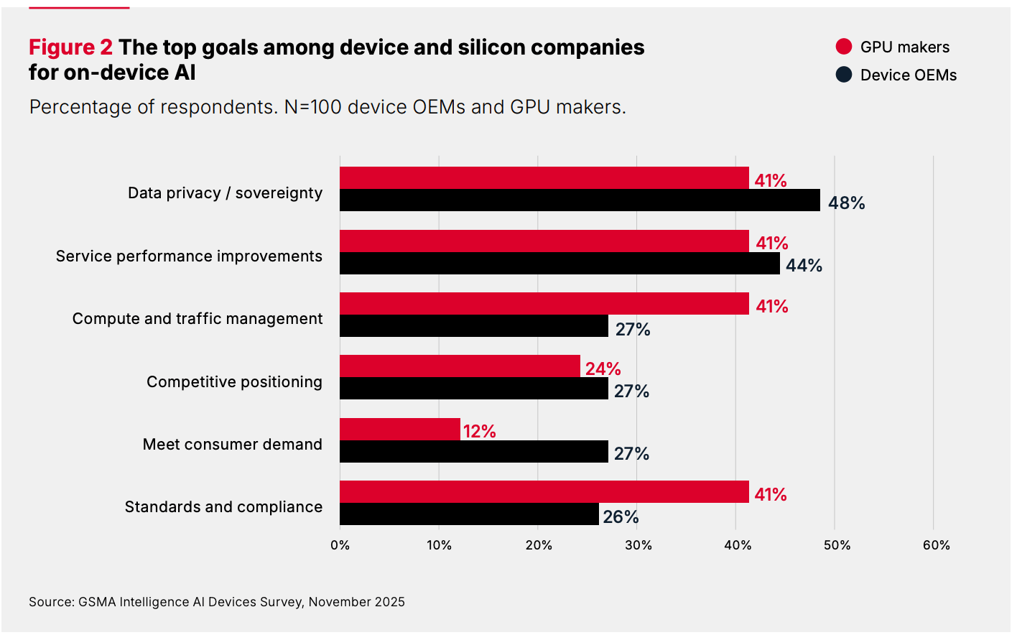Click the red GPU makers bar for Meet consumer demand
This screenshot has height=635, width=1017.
coord(400,429)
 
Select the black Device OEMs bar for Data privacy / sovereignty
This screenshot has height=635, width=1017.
coord(580,200)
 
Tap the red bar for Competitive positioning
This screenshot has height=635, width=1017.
coord(460,366)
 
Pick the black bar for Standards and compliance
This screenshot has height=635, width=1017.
coord(469,514)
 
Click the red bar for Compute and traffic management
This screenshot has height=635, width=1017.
coord(544,304)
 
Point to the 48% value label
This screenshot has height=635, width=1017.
coord(846,203)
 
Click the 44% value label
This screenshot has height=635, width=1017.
coord(804,266)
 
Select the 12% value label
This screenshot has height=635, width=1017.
coord(479,431)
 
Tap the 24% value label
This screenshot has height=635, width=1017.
coord(603,369)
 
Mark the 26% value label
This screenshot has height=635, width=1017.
coord(621,516)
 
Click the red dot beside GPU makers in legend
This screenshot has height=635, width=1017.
coord(844,47)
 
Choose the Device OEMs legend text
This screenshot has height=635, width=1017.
coord(908,75)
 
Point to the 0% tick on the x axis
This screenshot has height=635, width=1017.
coord(340,545)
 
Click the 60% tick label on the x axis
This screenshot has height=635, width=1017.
coord(936,545)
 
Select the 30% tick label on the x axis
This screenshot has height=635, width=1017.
coord(638,545)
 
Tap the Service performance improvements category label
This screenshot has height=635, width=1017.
coord(189,256)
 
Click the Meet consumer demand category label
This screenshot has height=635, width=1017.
coord(232,445)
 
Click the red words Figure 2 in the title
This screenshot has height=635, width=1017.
coord(70,47)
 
